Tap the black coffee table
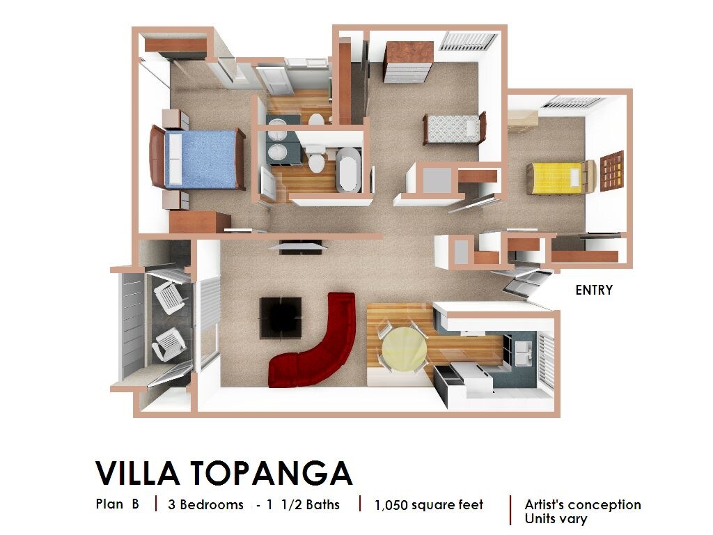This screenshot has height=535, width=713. point(281,318)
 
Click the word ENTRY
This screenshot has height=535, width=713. point(594,290)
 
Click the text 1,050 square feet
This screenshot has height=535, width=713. point(428,505)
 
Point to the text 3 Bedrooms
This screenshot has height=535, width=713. point(205,504)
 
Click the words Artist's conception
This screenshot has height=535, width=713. point(583,504)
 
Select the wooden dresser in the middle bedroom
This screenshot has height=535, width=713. point(408,61)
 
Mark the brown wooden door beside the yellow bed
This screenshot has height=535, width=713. point(613,171)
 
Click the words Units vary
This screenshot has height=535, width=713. point(556,519)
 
